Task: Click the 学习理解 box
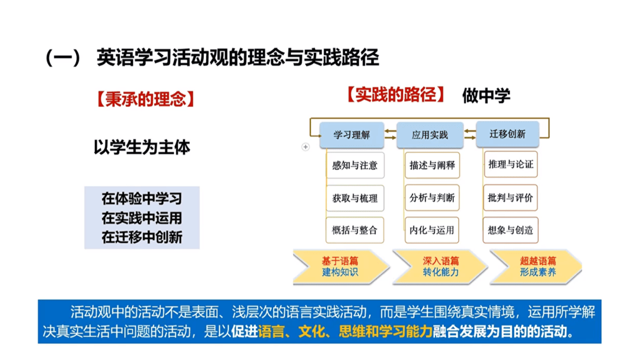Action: point(351,135)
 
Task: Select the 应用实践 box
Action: point(430,135)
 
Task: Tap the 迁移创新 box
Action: point(507,133)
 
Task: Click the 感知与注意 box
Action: point(355,165)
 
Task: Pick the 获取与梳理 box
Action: point(355,198)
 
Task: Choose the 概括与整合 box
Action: point(355,231)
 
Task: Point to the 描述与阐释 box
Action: point(432,165)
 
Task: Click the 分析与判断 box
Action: point(432,197)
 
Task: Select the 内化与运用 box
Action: point(432,231)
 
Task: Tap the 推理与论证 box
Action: point(510,164)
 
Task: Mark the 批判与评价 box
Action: point(510,197)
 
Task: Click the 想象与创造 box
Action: point(510,231)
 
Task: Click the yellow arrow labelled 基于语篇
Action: point(340,266)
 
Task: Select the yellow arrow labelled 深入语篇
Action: point(440,266)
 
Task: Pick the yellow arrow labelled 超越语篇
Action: point(537,266)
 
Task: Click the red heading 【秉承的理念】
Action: point(145,99)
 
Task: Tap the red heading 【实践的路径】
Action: point(396,95)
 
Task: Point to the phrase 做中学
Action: point(486,95)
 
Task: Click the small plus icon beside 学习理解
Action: point(306,146)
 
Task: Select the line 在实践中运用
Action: point(142,218)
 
